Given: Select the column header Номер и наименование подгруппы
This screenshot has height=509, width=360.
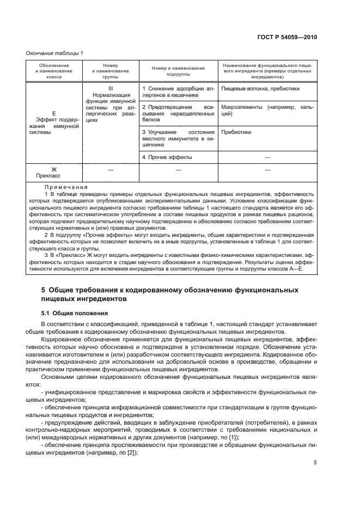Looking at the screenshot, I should tap(178, 72).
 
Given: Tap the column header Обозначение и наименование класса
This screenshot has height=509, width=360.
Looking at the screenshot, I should tap(54, 72).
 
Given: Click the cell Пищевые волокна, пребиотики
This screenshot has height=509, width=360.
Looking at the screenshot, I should tap(260, 88).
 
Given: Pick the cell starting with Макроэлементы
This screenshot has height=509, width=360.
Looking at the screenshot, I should tap(267, 111).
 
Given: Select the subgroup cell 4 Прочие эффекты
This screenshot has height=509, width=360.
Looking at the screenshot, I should tap(167, 157).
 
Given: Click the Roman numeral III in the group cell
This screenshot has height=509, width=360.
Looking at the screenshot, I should tap(111, 88).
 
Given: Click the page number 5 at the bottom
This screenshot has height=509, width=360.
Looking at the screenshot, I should tap(315, 464).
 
